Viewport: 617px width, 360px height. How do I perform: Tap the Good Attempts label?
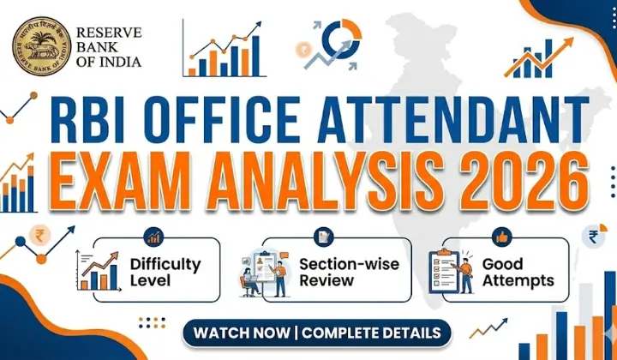click(518, 273)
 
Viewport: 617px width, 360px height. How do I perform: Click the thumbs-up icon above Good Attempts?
click(500, 237)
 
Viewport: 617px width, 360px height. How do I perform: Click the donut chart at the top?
click(342, 39)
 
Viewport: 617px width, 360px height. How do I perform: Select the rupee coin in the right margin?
click(593, 237)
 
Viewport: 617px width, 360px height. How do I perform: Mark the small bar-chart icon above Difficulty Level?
click(154, 237)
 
